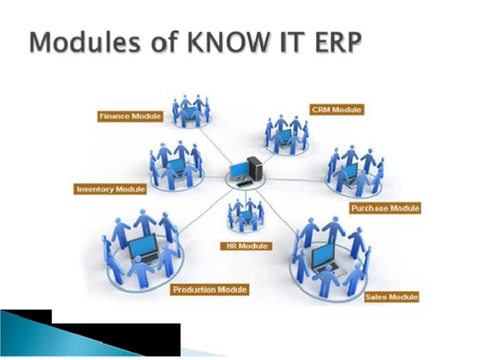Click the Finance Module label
pyautogui.click(x=130, y=116)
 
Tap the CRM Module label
pyautogui.click(x=336, y=109)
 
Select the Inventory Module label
pyautogui.click(x=110, y=189)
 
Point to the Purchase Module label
pyautogui.click(x=387, y=207)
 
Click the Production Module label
pyautogui.click(x=209, y=289)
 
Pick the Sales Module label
pyautogui.click(x=392, y=298)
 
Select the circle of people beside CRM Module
pyautogui.click(x=287, y=132)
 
